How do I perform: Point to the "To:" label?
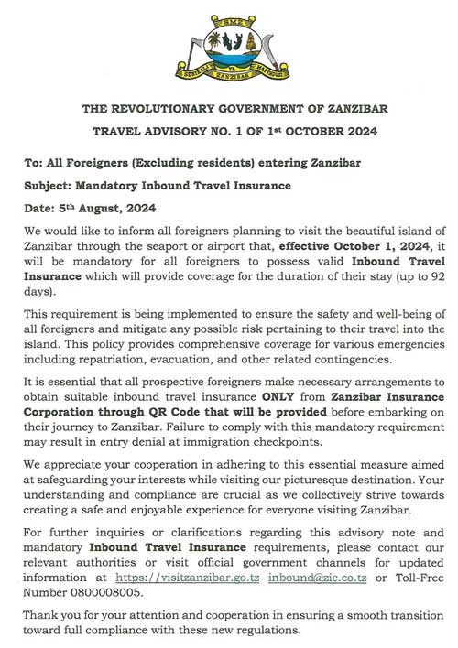tap(36, 163)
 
